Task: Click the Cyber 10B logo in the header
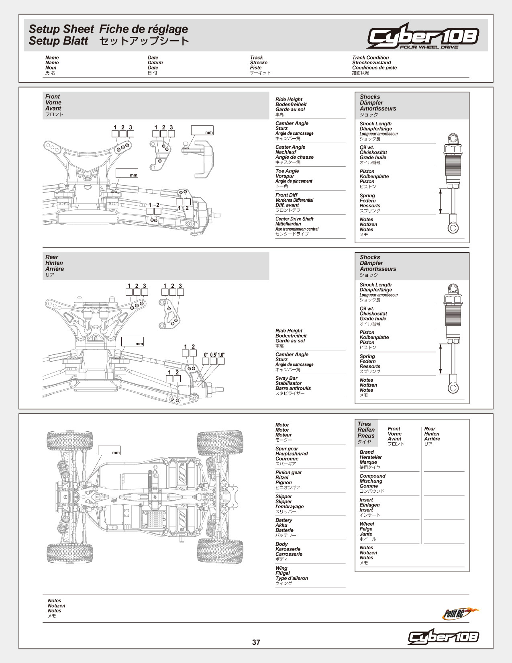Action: (x=422, y=36)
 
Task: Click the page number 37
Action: (x=256, y=642)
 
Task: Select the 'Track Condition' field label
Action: (x=370, y=58)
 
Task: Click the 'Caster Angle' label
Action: (x=290, y=147)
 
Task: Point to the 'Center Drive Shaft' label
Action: (x=294, y=219)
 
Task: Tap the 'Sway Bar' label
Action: (x=286, y=379)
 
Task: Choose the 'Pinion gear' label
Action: (x=288, y=473)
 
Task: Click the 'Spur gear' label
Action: (x=287, y=449)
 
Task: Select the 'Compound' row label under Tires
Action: (x=372, y=476)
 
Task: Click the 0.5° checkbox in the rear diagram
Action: (x=214, y=361)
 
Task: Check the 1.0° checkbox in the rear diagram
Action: (x=221, y=361)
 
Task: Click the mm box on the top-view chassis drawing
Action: (x=109, y=450)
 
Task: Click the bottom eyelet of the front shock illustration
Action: (x=453, y=227)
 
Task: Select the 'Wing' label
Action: (x=281, y=569)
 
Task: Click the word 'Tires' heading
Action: (x=364, y=424)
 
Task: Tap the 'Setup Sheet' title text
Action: (x=61, y=29)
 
